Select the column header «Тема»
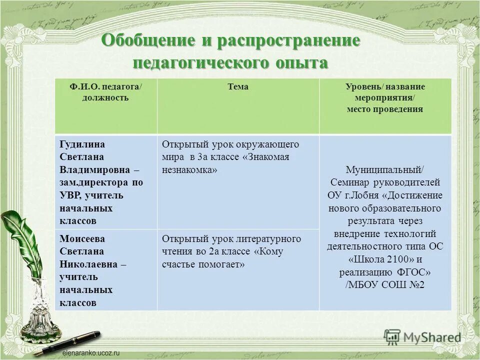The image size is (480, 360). click(238, 87)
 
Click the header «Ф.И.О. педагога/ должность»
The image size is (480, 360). click(105, 92)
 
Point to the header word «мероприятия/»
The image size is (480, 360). click(385, 98)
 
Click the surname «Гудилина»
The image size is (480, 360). click(82, 144)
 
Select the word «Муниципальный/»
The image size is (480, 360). click(385, 169)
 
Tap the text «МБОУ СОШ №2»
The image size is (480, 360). click(387, 285)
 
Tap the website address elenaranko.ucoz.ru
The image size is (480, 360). click(91, 352)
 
